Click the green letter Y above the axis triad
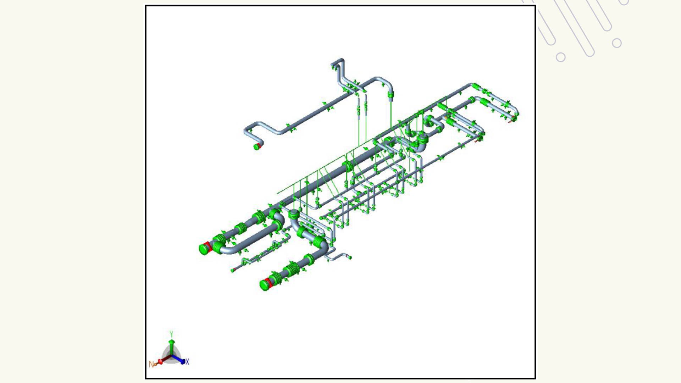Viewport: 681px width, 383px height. pos(171,334)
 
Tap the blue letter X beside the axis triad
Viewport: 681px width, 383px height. pos(187,362)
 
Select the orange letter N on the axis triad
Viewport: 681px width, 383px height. pos(151,364)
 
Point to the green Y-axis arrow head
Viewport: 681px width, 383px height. pos(171,342)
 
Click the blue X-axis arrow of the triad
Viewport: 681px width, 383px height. pos(178,359)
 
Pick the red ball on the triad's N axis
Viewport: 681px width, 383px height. pos(160,362)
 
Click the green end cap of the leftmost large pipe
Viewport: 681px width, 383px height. pos(204,249)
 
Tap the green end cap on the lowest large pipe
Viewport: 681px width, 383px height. pos(265,285)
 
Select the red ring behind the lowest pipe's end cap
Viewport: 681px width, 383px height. pos(270,282)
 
